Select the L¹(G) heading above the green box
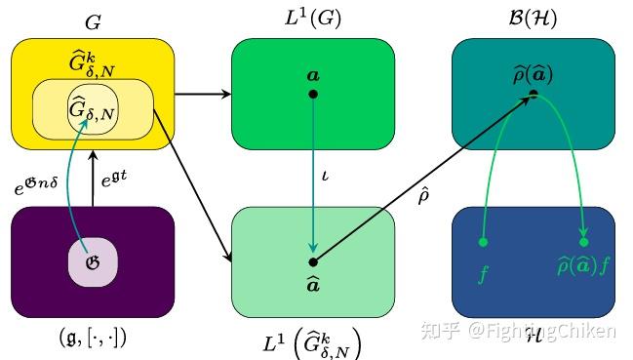coord(312,17)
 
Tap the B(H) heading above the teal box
coord(533,17)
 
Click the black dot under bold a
coord(313,94)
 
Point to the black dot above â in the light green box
coord(313,261)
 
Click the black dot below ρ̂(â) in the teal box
coord(534,94)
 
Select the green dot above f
coord(484,241)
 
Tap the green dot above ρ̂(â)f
coord(584,241)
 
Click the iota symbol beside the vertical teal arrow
coord(326,179)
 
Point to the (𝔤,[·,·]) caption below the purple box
coord(93,339)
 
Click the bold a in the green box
coord(313,74)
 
